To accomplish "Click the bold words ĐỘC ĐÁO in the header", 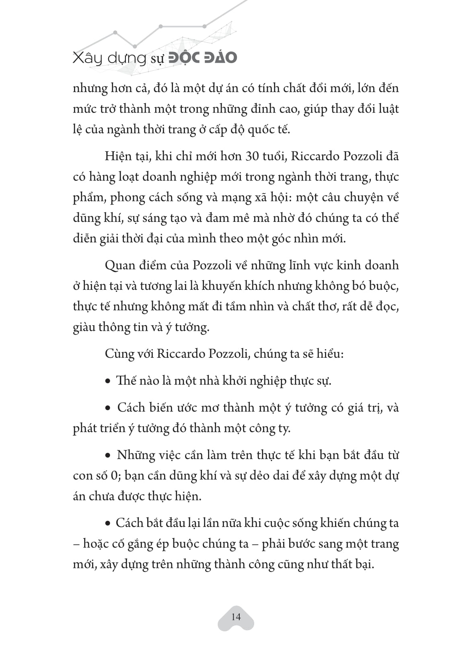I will point(202,57).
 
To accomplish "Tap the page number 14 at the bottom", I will point(236,617).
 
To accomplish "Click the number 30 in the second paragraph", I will point(252,156).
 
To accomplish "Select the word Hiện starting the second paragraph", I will point(117,156).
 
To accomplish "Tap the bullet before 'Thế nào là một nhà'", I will point(107,381).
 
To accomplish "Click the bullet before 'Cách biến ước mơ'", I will point(107,408).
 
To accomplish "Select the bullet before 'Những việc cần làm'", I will point(107,456).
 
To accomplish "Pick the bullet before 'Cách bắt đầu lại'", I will point(107,524).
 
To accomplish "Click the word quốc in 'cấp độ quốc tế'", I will point(259,129).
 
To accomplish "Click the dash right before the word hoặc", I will point(76,544).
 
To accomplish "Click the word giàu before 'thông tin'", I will point(84,327).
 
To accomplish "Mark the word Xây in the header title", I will point(84,58).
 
